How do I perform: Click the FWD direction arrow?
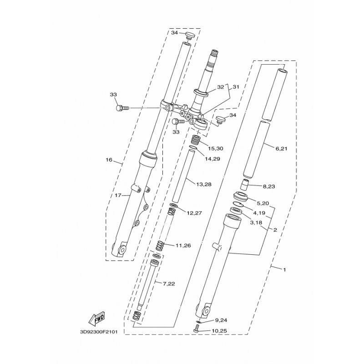(96, 318)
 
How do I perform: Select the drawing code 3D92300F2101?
(99, 332)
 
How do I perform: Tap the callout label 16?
(109, 160)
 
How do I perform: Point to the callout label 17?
(118, 196)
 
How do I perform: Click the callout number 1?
(284, 270)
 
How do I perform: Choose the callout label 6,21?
(281, 149)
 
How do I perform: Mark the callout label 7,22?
(169, 283)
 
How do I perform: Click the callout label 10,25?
(219, 331)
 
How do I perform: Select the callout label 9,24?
(221, 320)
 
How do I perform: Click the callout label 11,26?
(183, 245)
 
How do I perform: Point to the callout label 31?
(236, 87)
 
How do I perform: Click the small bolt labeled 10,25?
(197, 328)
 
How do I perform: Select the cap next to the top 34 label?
(190, 36)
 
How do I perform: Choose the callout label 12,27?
(194, 213)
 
